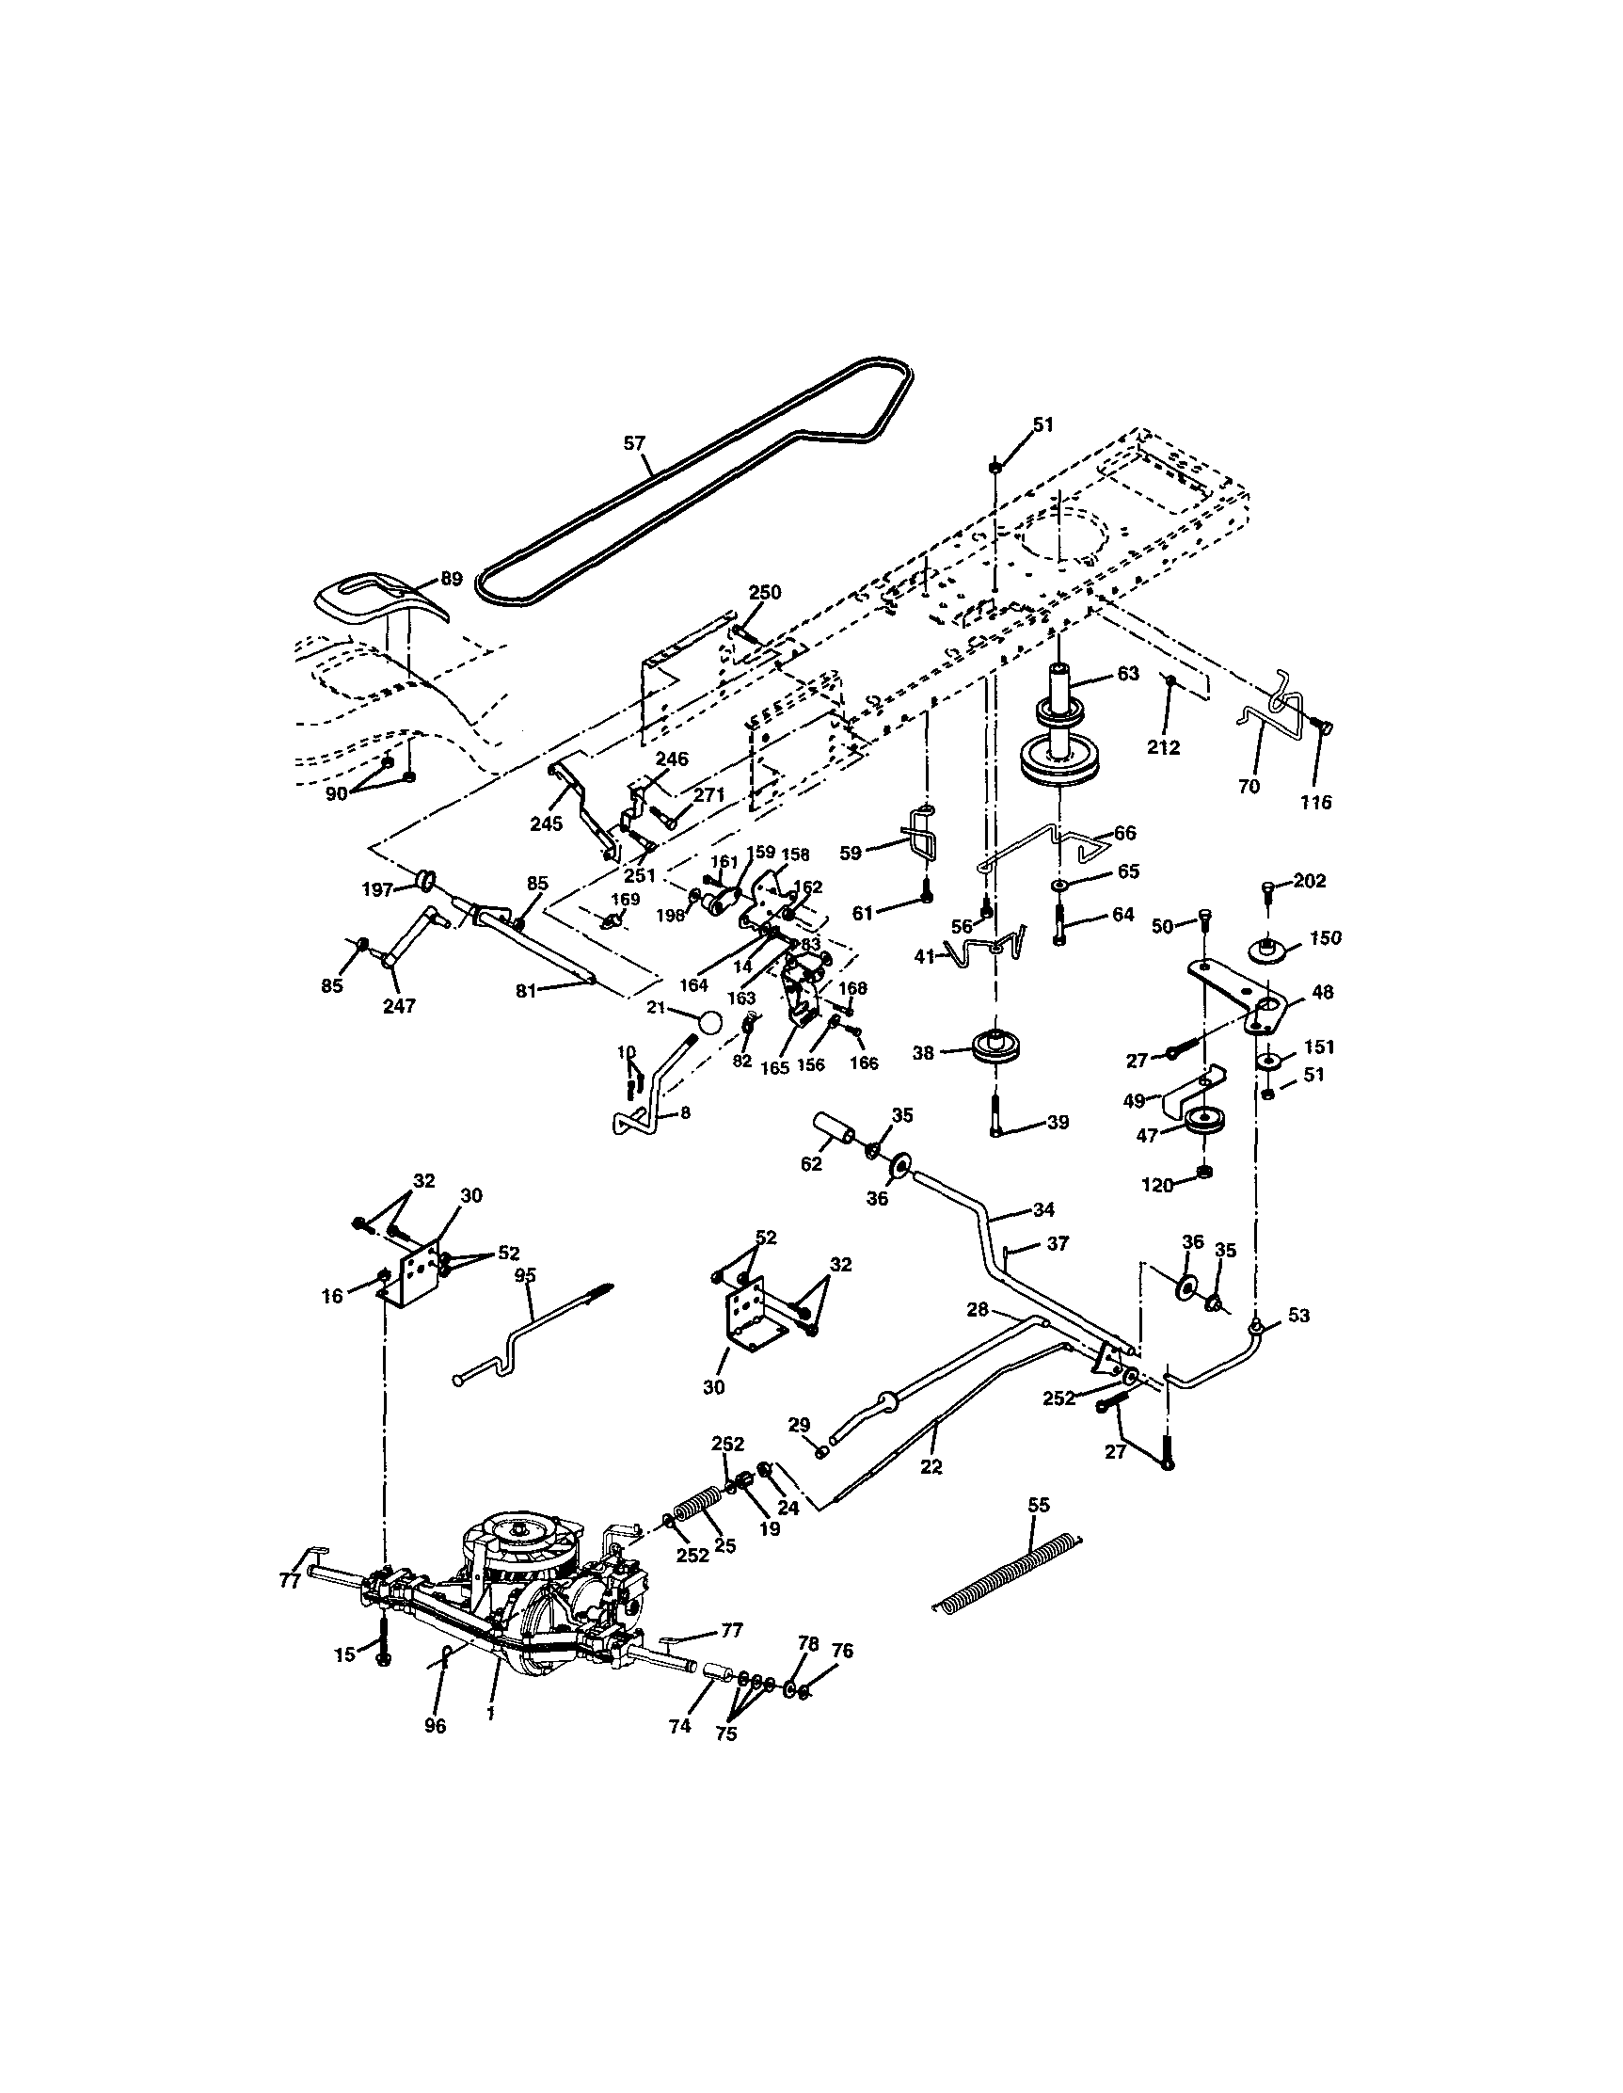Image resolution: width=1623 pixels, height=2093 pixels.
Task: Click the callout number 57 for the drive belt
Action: click(634, 442)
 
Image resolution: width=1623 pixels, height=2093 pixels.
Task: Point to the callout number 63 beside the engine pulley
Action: click(1128, 674)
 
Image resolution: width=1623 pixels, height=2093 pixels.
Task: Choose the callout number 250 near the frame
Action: click(765, 592)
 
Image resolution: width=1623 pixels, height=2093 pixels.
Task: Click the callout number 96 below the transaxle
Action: click(435, 1727)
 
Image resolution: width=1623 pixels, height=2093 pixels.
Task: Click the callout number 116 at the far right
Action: click(1316, 802)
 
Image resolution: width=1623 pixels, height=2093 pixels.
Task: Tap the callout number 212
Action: click(1164, 747)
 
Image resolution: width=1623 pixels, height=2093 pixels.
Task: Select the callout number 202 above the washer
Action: click(1310, 880)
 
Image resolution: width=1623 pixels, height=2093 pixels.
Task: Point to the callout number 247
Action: click(400, 1005)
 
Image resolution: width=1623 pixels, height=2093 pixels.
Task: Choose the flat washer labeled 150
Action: click(1269, 951)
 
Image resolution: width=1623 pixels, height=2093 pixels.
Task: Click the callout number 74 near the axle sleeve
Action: click(679, 1726)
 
